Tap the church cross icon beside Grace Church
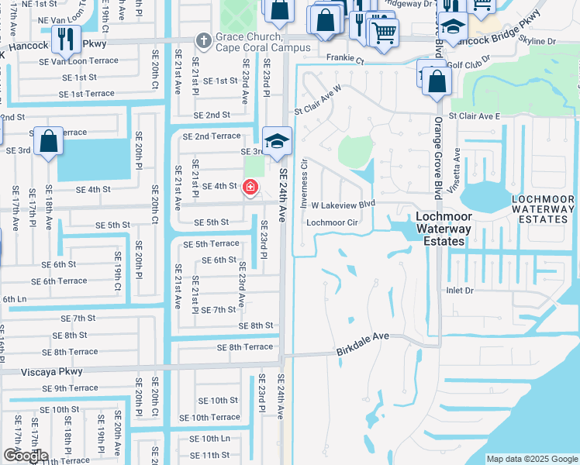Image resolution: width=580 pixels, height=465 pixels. (203, 39)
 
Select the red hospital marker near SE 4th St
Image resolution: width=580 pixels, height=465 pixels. (250, 187)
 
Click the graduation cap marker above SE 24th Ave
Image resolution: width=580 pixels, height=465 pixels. (274, 142)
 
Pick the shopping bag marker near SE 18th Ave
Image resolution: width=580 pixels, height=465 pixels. (48, 143)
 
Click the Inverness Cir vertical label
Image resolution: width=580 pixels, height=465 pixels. (304, 176)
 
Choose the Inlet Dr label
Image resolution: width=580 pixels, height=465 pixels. (458, 290)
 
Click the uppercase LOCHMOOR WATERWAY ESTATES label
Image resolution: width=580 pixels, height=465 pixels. (544, 209)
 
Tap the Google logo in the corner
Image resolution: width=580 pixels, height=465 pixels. (25, 456)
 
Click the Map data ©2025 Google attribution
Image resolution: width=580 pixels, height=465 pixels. (531, 459)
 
